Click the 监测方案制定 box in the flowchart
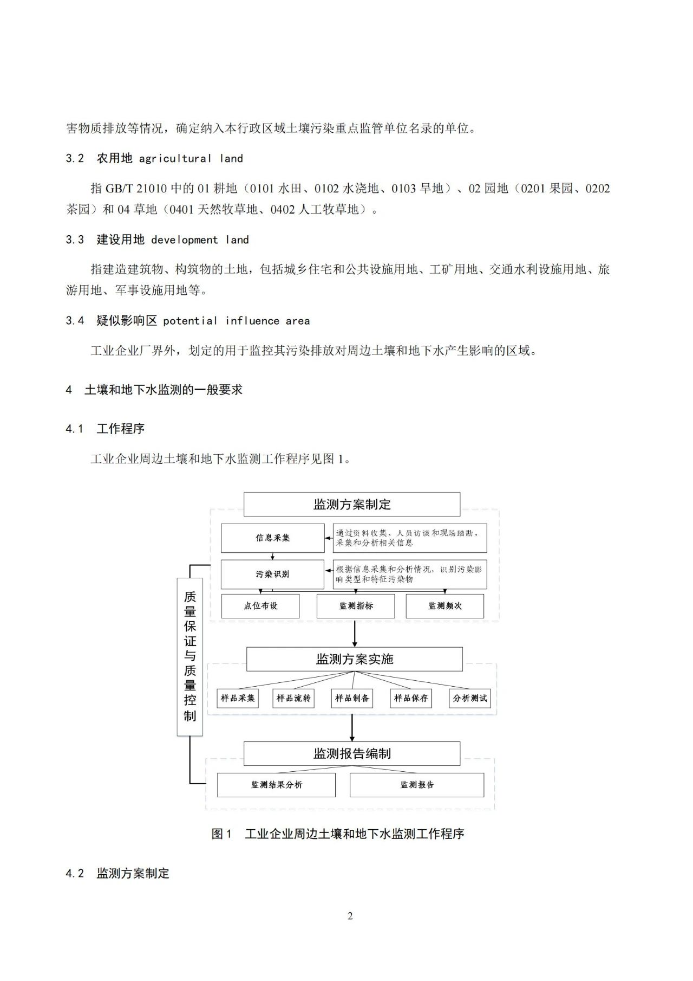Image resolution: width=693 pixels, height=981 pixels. point(352,504)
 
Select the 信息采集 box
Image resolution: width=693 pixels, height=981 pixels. point(273,538)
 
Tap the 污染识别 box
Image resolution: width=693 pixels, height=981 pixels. point(273,574)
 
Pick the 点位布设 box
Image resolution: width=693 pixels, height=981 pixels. point(260,606)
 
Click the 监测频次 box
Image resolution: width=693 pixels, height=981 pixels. point(445,606)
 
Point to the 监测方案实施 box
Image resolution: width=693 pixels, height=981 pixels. point(355,659)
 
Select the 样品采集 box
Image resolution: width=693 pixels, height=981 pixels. point(238,698)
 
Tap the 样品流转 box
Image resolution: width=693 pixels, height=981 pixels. point(294,698)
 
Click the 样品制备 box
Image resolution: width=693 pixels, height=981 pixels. point(352,698)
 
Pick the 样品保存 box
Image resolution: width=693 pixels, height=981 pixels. point(411,698)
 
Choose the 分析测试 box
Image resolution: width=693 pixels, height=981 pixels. point(470,698)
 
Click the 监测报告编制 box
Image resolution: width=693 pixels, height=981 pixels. point(352,753)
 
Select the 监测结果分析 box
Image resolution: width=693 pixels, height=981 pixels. point(276,785)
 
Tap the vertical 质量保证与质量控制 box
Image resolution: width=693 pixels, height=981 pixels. point(190,656)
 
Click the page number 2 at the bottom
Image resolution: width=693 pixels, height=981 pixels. point(350,916)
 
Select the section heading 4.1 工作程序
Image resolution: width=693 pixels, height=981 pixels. point(106,429)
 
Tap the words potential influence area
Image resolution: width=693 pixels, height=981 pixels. point(236,321)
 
